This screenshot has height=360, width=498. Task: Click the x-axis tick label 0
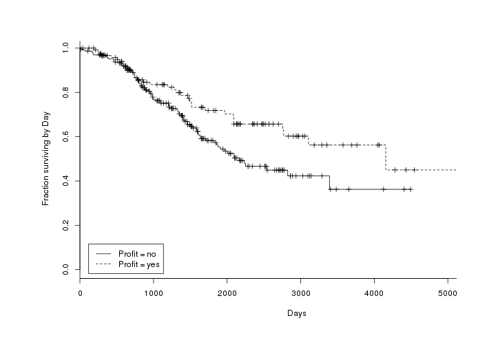click(x=80, y=292)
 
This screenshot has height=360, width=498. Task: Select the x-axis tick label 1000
click(x=154, y=292)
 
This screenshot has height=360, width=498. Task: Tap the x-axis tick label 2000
click(x=227, y=292)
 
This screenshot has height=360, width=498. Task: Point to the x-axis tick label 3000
click(x=300, y=292)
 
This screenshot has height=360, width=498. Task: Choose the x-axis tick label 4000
click(x=374, y=292)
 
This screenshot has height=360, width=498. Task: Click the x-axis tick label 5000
click(x=448, y=292)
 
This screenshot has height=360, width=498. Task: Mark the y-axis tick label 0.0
click(x=65, y=269)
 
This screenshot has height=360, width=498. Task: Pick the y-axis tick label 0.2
click(x=65, y=225)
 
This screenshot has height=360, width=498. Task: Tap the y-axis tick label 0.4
click(x=65, y=181)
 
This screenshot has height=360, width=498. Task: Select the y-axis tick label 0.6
click(x=65, y=137)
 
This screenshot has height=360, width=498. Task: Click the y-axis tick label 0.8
click(x=65, y=92)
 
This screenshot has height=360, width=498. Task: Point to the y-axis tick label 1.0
click(x=65, y=48)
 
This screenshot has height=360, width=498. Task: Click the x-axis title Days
click(x=297, y=313)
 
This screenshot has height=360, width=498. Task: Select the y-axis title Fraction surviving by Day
click(x=46, y=158)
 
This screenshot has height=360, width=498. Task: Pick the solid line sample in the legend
click(x=103, y=253)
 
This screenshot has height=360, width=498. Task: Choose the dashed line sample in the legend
click(x=103, y=263)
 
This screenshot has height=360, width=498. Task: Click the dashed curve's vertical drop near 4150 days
click(x=385, y=158)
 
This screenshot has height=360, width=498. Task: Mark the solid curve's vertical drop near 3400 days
click(x=329, y=182)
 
